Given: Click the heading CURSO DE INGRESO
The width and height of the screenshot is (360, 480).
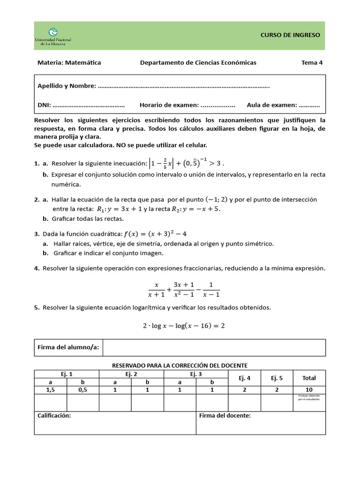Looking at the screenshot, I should click(x=290, y=35).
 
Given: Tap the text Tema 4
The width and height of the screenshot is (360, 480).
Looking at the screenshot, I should click(x=312, y=63).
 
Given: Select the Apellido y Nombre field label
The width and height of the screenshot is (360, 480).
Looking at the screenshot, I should click(x=67, y=86).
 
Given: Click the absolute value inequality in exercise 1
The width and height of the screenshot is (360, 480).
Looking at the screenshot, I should click(x=185, y=164).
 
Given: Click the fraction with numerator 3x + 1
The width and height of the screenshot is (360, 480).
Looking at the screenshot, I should click(x=180, y=289).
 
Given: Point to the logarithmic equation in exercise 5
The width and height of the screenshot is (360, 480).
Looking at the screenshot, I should click(x=184, y=326).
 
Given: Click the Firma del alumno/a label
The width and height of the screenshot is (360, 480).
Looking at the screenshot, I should click(x=68, y=348).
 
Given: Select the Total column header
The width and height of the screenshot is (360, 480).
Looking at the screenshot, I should click(x=309, y=378).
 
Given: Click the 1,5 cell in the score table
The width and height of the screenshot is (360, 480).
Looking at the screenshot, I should click(x=50, y=390).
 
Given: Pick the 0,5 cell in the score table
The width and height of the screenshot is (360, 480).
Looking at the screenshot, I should click(x=82, y=390).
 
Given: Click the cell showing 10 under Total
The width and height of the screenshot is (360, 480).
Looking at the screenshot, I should click(x=309, y=390).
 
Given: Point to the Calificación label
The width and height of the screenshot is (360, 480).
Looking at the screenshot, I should click(x=54, y=415).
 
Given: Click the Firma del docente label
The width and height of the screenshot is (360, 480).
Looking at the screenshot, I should click(x=225, y=415).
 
